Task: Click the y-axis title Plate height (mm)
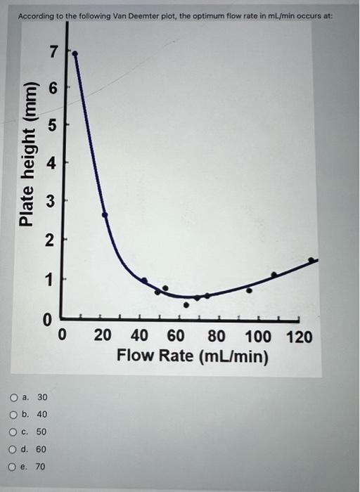pos(27,155)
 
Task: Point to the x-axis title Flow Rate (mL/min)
pos(193,356)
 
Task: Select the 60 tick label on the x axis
pos(177,337)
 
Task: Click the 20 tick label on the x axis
pos(103,337)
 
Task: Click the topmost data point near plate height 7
pos(76,53)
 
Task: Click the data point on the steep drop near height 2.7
pos(105,214)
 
